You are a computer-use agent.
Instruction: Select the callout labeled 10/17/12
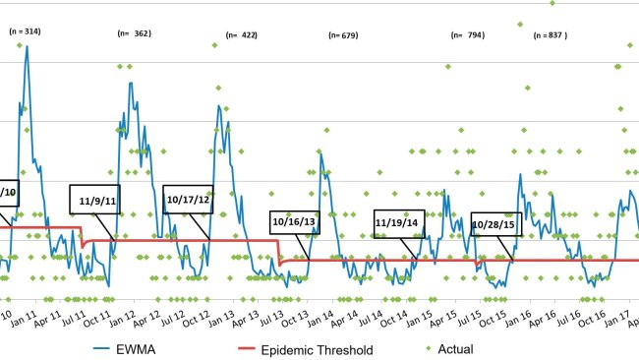(188, 200)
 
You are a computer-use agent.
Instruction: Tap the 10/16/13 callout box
(295, 222)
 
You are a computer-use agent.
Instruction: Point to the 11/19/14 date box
(399, 223)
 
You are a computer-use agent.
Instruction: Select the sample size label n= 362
(134, 33)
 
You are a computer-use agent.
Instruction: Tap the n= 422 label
(241, 34)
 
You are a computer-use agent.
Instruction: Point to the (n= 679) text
(342, 35)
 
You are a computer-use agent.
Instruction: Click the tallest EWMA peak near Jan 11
(27, 46)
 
